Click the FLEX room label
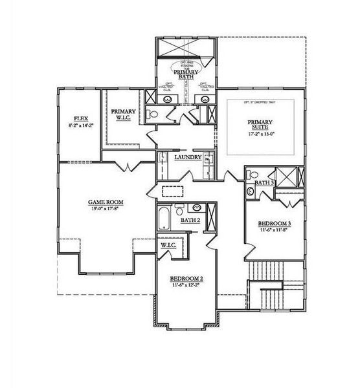81,118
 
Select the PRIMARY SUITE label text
260,124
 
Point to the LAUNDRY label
187,157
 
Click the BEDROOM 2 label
188,278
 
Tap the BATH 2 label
189,221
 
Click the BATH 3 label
264,183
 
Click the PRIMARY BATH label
186,74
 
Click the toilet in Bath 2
179,208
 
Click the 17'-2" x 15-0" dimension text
260,135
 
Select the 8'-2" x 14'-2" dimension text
81,125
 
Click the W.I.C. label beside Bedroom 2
170,245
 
